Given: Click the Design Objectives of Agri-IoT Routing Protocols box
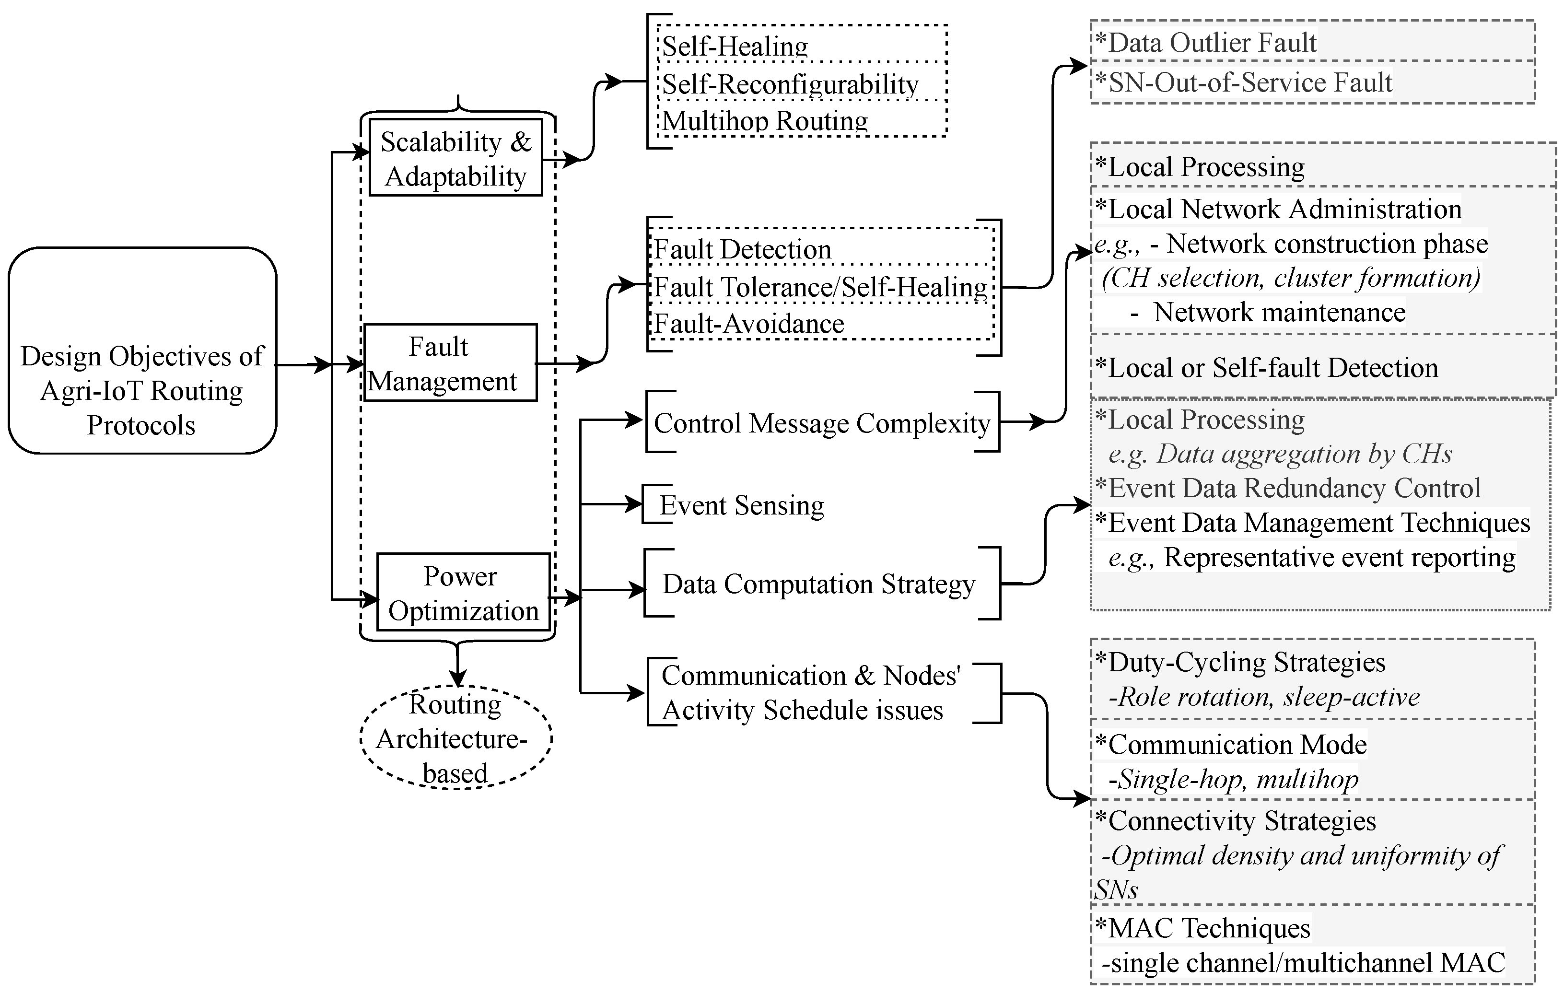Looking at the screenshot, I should tap(142, 390).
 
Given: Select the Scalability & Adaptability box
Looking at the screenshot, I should tap(455, 158).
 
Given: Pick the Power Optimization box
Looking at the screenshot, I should tap(463, 592).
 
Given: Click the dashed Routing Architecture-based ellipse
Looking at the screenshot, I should tap(455, 738).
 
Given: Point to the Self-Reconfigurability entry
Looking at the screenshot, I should tap(790, 84).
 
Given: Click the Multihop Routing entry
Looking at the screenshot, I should tap(764, 121).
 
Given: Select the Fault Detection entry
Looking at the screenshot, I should tap(742, 249).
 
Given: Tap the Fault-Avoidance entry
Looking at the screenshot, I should tap(748, 324).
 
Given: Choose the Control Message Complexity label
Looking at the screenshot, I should tap(822, 423).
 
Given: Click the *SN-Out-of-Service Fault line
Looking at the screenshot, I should tap(1243, 82).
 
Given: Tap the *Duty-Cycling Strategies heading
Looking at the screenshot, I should tap(1240, 662).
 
